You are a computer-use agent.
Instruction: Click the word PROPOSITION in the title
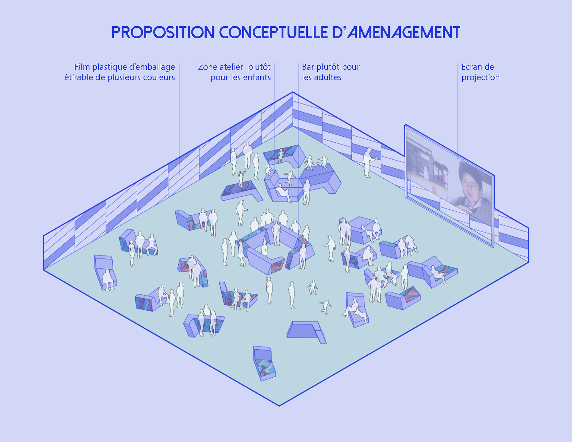(163, 32)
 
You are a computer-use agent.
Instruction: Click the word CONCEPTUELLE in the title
(273, 32)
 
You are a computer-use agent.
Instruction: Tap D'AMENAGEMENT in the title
(396, 32)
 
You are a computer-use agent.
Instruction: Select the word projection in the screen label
(480, 77)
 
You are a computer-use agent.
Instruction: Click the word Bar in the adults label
(308, 67)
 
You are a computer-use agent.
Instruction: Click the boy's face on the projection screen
(471, 186)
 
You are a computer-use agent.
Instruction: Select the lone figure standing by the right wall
(368, 162)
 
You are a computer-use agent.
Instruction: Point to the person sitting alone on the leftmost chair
(108, 279)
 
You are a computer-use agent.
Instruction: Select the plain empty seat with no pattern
(305, 331)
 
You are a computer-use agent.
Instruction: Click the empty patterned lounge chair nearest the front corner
(264, 365)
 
